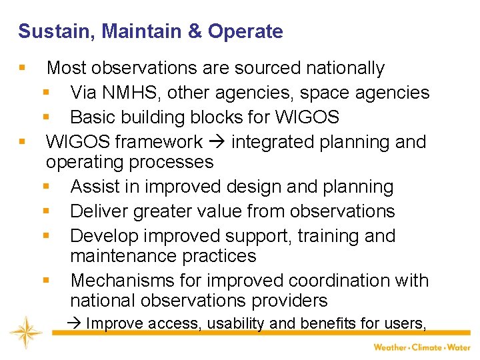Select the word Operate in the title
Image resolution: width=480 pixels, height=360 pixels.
[245, 31]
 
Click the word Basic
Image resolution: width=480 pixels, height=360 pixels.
[92, 117]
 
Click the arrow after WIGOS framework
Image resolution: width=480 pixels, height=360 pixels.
[217, 142]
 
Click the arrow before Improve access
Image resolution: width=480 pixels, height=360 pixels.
[75, 324]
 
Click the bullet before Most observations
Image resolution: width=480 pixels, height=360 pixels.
[23, 68]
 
